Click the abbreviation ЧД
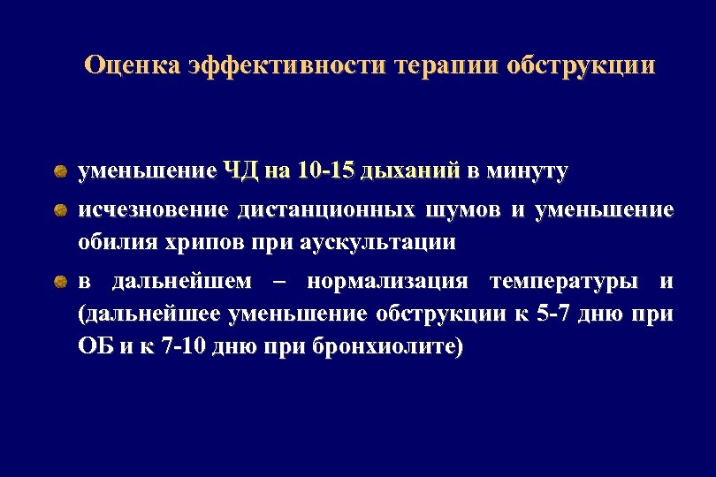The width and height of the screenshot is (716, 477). click(240, 170)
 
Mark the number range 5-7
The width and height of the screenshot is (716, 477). click(554, 314)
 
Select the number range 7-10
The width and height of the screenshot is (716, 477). click(191, 345)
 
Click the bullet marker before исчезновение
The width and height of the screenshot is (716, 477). click(58, 210)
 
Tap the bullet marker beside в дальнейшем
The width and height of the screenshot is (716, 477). click(58, 282)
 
